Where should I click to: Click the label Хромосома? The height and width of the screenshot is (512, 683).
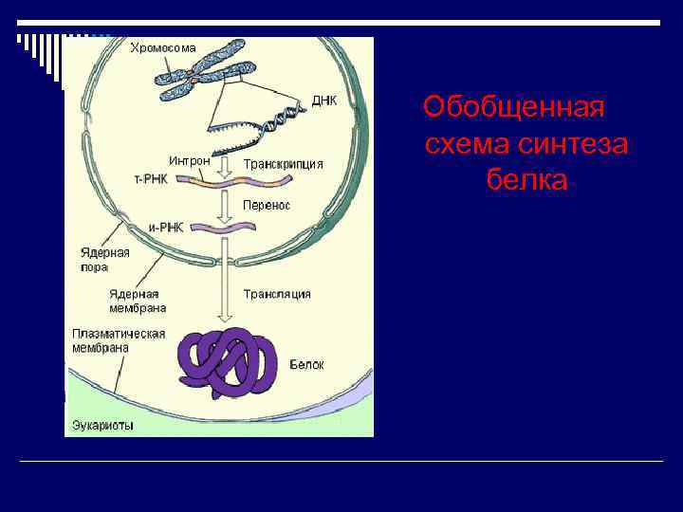click(x=163, y=47)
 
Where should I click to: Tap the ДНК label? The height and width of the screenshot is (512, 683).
click(x=324, y=101)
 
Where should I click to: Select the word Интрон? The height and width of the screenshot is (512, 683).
click(x=189, y=160)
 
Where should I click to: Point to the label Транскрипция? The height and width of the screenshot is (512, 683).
click(x=283, y=164)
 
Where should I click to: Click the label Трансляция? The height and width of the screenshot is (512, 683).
click(x=277, y=294)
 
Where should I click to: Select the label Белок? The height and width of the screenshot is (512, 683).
click(x=306, y=364)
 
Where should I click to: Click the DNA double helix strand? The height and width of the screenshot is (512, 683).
click(x=281, y=119)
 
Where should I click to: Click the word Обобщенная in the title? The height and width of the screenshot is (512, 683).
click(x=513, y=107)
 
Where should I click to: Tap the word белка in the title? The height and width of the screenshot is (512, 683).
click(x=526, y=179)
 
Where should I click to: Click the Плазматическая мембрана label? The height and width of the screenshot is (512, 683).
click(x=119, y=340)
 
